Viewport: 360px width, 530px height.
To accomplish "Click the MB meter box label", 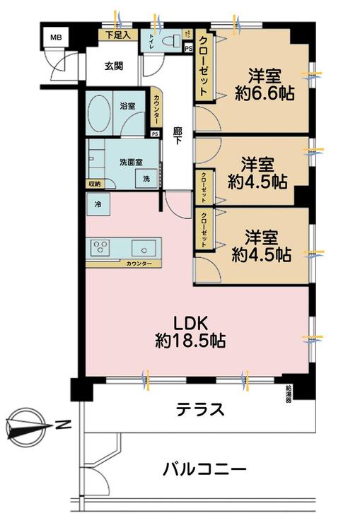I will pyautogui.click(x=54, y=38).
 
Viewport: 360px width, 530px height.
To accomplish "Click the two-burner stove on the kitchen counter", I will pyautogui.click(x=100, y=247).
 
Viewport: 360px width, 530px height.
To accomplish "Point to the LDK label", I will pyautogui.click(x=190, y=323).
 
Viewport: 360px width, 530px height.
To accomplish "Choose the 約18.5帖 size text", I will pyautogui.click(x=190, y=342).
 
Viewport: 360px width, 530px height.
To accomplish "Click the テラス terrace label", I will pyautogui.click(x=200, y=410).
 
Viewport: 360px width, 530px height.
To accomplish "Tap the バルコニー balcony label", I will pyautogui.click(x=204, y=469).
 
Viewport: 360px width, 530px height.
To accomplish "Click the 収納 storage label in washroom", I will pyautogui.click(x=94, y=184).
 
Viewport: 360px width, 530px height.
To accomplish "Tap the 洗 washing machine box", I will pyautogui.click(x=146, y=179).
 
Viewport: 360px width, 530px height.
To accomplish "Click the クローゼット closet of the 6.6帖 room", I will pyautogui.click(x=203, y=67).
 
